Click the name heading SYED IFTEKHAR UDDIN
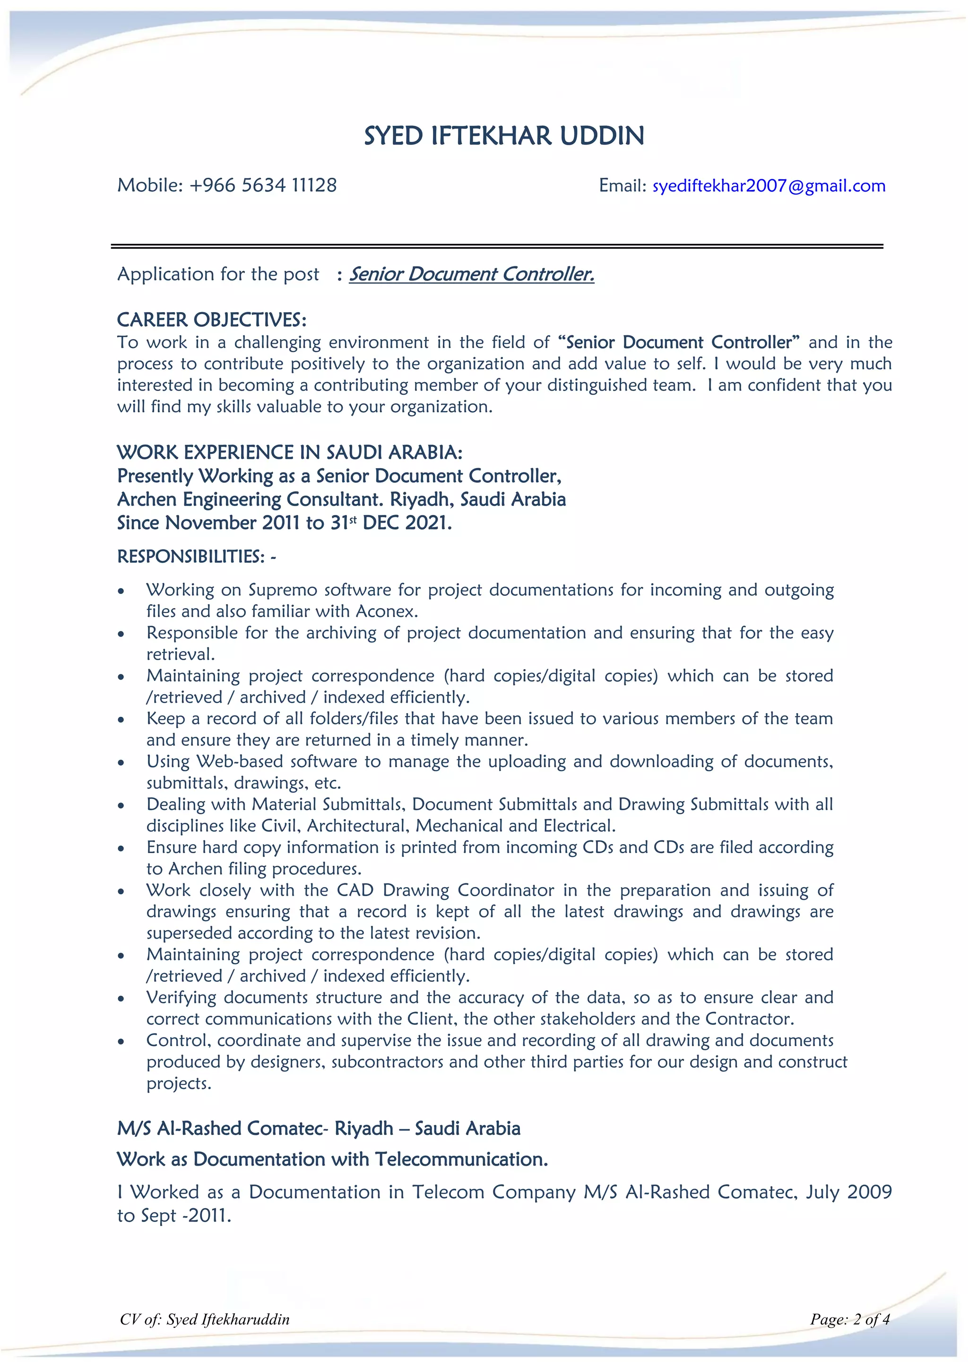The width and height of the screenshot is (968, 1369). click(x=504, y=136)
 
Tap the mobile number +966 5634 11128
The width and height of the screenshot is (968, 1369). click(x=263, y=185)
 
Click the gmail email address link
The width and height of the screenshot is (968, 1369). click(x=769, y=186)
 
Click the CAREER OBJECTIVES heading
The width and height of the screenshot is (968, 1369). click(x=212, y=320)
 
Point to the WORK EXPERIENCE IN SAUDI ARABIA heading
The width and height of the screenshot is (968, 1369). click(x=289, y=452)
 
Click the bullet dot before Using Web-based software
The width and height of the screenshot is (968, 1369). click(x=121, y=763)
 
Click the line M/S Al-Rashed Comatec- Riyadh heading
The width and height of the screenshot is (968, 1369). click(x=318, y=1128)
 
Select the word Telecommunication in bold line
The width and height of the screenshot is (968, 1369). click(x=461, y=1159)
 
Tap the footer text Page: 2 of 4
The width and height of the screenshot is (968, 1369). click(x=849, y=1319)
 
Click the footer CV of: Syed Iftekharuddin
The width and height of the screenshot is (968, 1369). click(x=205, y=1319)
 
